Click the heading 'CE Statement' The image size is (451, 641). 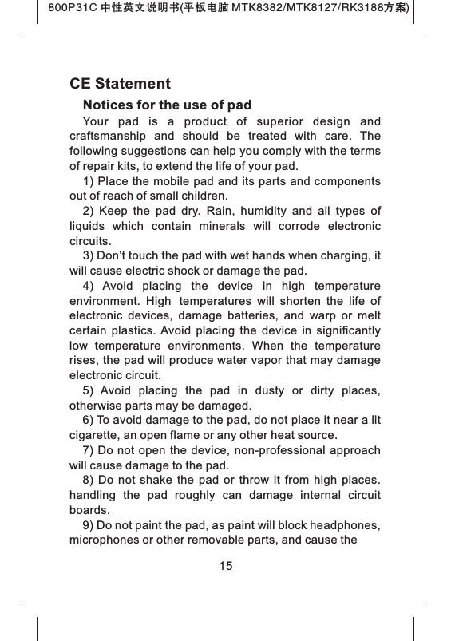click(120, 84)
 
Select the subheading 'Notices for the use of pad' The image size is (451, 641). click(167, 105)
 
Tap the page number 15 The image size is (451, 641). click(226, 566)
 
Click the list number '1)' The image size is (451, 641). click(89, 181)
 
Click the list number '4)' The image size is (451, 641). click(89, 286)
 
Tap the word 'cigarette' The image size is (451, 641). click(95, 436)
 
